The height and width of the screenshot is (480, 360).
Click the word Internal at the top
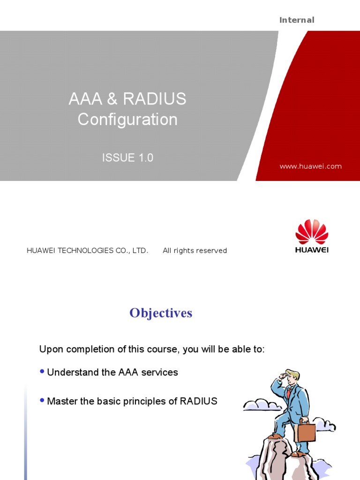(297, 20)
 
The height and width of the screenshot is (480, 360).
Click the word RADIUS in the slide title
(154, 99)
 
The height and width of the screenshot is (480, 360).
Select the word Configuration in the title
(127, 120)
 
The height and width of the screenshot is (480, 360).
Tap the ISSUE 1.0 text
(127, 158)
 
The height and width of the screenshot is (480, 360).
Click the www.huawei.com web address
(310, 166)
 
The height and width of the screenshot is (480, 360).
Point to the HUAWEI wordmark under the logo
(312, 250)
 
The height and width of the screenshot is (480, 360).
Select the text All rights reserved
(195, 251)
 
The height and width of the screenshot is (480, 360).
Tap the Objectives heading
(161, 313)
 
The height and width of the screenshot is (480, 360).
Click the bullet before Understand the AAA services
(42, 371)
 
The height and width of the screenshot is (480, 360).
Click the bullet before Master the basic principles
(42, 400)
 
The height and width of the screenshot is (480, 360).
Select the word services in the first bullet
(161, 373)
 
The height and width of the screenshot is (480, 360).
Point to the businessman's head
(292, 376)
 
